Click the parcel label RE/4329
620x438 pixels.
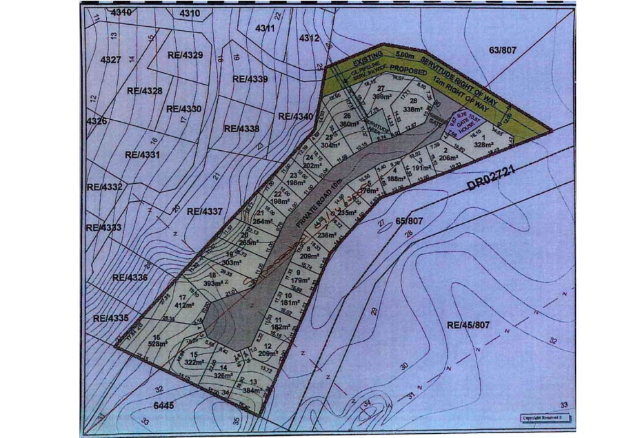(184, 54)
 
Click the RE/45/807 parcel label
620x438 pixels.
(468, 324)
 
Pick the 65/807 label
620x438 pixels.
(409, 221)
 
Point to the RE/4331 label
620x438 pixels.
(142, 155)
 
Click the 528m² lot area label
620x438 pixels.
(159, 343)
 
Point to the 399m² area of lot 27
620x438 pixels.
(382, 97)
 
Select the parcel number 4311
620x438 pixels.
(265, 28)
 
